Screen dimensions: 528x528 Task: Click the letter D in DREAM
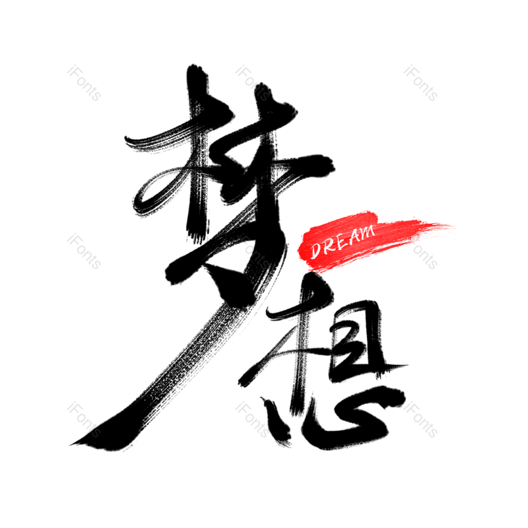click(x=316, y=249)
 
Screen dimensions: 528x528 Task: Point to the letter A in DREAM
click(x=353, y=237)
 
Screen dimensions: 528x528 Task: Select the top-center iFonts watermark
click(x=253, y=83)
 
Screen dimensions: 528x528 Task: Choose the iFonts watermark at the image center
click(x=253, y=251)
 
